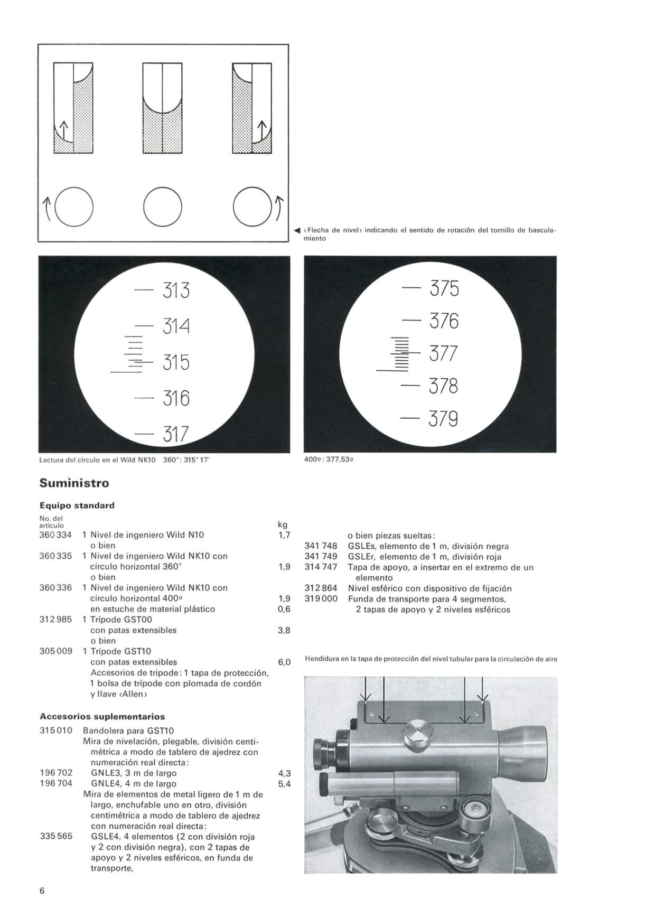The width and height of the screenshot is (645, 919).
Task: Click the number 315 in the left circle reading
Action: click(x=175, y=363)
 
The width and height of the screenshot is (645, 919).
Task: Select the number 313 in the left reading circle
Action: click(x=175, y=290)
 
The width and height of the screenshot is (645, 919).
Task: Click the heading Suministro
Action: click(x=74, y=483)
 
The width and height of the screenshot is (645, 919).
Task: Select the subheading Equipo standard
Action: click(x=77, y=505)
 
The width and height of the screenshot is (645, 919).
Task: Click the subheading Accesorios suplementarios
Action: click(x=102, y=717)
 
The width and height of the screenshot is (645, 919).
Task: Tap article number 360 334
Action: click(x=55, y=534)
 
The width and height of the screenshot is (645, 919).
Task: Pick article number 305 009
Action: click(x=55, y=651)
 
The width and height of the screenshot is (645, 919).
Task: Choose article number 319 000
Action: click(x=321, y=599)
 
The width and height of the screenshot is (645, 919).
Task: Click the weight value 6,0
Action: click(x=284, y=662)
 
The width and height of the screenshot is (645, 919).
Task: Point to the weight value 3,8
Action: click(x=284, y=631)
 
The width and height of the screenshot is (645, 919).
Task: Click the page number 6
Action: click(x=43, y=891)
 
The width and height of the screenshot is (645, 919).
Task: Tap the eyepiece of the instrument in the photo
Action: click(x=321, y=749)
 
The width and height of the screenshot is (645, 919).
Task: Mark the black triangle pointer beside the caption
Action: click(x=297, y=231)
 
